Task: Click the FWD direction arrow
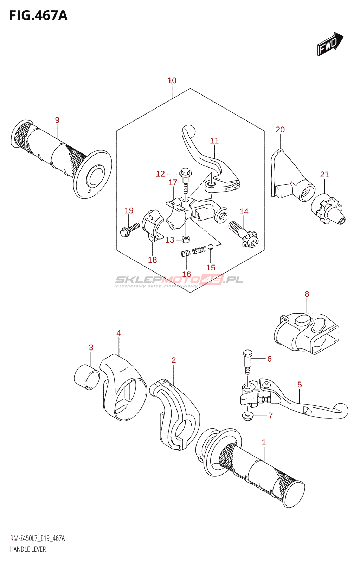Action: click(x=330, y=44)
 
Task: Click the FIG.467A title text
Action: click(x=39, y=15)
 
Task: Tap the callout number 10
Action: click(x=172, y=80)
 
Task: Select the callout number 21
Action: click(x=324, y=174)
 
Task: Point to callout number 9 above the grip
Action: click(x=57, y=120)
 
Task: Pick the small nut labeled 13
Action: click(x=186, y=239)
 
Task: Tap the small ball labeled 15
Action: click(x=211, y=247)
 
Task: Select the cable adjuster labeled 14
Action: click(x=243, y=233)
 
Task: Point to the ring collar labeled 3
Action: click(x=87, y=377)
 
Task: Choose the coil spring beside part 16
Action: click(x=199, y=250)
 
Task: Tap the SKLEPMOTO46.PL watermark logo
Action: click(x=179, y=281)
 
